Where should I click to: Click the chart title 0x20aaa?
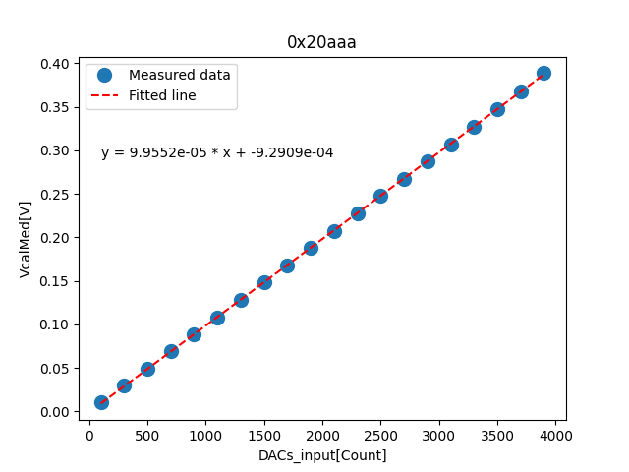tap(321, 42)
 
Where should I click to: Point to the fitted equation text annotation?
tap(217, 152)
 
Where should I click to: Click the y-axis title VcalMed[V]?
tap(26, 238)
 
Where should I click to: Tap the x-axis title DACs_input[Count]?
tap(322, 455)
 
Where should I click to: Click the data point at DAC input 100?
tap(101, 402)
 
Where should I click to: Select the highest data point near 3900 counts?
tap(543, 74)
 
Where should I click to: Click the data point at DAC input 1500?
tap(264, 282)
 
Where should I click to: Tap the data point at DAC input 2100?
tap(334, 231)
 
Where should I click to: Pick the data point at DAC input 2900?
tap(428, 161)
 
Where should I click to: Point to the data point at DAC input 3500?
tap(497, 109)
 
